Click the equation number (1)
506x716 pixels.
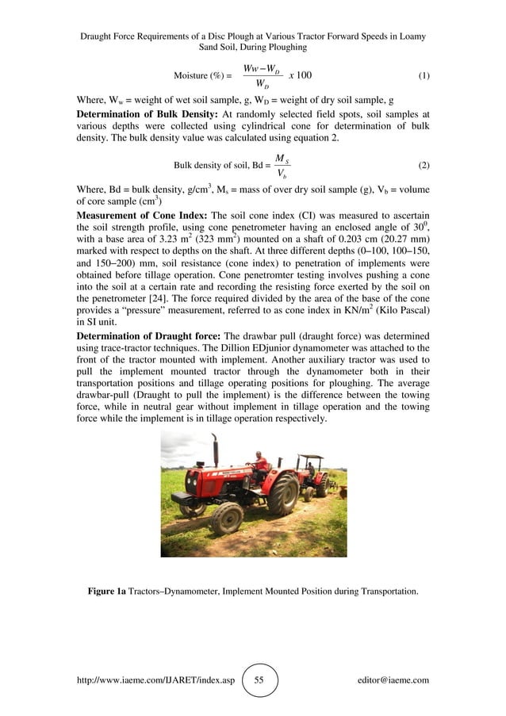click(x=423, y=76)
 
